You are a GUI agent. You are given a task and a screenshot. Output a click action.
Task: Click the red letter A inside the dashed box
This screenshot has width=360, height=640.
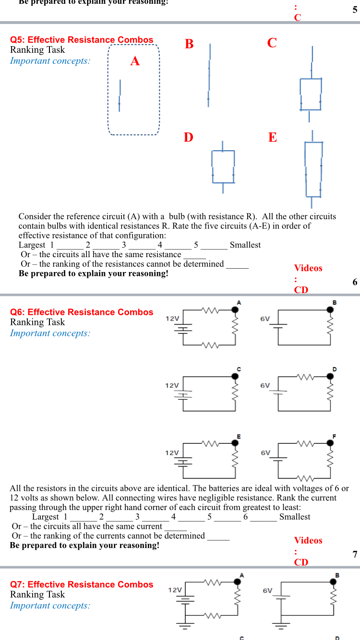pyautogui.click(x=135, y=61)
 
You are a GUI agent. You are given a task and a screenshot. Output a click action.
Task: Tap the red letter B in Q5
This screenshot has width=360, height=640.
pyautogui.click(x=189, y=44)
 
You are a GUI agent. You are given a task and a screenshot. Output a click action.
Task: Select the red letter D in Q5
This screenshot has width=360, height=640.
pyautogui.click(x=188, y=138)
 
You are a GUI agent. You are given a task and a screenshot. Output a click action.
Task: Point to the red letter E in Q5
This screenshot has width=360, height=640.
pyautogui.click(x=272, y=138)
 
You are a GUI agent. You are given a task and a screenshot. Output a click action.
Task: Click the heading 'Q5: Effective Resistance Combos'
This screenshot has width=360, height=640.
pyautogui.click(x=82, y=40)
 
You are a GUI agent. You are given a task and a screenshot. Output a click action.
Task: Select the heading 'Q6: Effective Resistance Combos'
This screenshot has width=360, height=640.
pyautogui.click(x=82, y=312)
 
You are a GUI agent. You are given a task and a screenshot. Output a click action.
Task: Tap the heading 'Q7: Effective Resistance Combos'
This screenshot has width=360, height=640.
pyautogui.click(x=82, y=584)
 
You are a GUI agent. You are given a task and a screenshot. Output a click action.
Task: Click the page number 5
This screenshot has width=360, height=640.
pyautogui.click(x=355, y=10)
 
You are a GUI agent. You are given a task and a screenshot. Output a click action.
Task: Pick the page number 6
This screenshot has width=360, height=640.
pyautogui.click(x=355, y=282)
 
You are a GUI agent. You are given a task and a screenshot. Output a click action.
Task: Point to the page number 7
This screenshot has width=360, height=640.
pyautogui.click(x=355, y=555)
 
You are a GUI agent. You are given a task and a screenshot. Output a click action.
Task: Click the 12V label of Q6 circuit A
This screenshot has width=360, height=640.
pyautogui.click(x=172, y=319)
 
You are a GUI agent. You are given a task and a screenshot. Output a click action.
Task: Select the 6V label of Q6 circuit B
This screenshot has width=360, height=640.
pyautogui.click(x=265, y=319)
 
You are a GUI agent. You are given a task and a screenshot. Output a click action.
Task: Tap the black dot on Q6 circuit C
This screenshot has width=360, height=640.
pyautogui.click(x=235, y=377)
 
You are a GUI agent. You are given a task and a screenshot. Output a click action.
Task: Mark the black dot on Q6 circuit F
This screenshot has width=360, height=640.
pyautogui.click(x=330, y=444)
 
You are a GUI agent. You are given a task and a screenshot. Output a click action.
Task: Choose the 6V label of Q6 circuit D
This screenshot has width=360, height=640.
pyautogui.click(x=265, y=385)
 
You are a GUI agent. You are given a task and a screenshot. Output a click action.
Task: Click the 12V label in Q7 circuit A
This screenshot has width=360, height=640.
pyautogui.click(x=175, y=590)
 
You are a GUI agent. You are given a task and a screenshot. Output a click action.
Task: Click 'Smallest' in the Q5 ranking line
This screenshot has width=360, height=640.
pyautogui.click(x=245, y=245)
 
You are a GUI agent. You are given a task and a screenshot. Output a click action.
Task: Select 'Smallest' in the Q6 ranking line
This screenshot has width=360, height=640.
pyautogui.click(x=295, y=517)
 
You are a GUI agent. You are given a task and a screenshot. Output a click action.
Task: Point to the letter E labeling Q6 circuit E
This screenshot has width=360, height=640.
pyautogui.click(x=239, y=437)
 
